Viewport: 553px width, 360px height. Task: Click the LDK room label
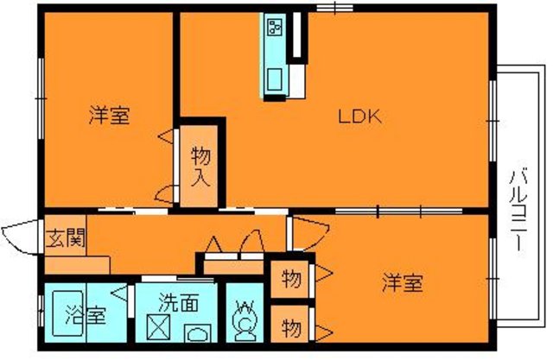(354, 117)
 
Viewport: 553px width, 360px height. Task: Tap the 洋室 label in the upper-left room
(109, 117)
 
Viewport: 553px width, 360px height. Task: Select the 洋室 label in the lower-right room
(403, 282)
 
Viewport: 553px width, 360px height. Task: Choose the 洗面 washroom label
(180, 303)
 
